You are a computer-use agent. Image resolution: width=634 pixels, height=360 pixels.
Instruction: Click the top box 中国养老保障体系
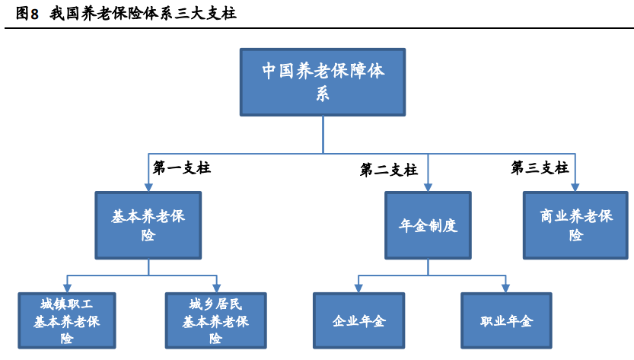tap(322, 82)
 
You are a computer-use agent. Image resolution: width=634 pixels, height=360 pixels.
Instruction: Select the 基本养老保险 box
tap(148, 225)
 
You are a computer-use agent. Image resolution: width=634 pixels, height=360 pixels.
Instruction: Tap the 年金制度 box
tap(428, 225)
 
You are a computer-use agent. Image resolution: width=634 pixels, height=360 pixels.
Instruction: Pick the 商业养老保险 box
tap(575, 225)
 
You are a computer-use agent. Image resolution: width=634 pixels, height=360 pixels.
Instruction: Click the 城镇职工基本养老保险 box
tap(67, 320)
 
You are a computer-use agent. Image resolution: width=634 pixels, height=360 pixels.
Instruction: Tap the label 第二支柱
tap(388, 170)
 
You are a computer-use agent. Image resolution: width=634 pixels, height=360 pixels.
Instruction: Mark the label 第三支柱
tap(539, 168)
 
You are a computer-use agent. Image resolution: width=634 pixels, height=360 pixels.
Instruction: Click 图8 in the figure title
tap(27, 13)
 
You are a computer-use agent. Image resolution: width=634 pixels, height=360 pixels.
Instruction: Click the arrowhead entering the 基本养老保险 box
tap(148, 187)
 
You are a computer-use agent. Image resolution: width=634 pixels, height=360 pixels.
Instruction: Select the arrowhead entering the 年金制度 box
tap(428, 187)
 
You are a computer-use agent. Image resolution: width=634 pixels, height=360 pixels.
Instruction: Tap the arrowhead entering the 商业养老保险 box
tap(575, 187)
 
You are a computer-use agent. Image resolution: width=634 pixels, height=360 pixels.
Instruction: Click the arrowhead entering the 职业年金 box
tap(504, 288)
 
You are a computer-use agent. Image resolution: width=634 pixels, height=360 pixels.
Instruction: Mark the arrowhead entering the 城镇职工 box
tap(67, 288)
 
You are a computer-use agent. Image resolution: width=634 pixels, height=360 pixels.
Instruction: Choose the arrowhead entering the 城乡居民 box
tap(216, 288)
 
